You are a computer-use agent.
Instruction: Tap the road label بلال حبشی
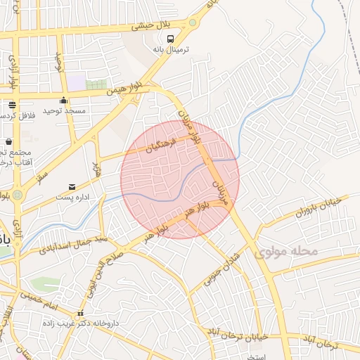153,27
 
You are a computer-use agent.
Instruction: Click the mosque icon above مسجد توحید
64,100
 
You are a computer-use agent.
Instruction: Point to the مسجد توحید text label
64,111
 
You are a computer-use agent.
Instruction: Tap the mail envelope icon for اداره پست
72,187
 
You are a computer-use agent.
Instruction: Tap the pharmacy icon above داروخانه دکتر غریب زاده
79,314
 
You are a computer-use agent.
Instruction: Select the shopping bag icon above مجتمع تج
8,142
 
